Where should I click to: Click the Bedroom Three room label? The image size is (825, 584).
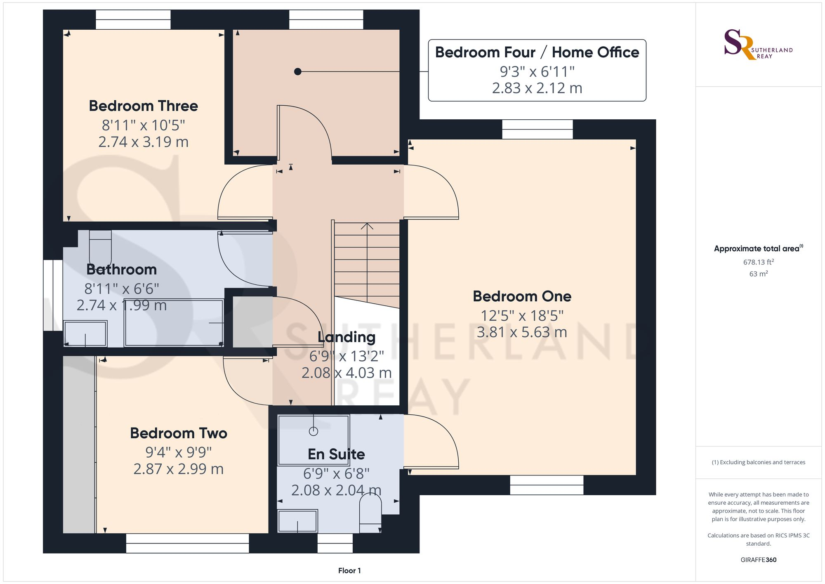click(x=143, y=106)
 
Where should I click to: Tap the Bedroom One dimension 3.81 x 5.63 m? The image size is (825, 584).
click(x=522, y=332)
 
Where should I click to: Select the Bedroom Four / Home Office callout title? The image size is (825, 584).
click(x=537, y=52)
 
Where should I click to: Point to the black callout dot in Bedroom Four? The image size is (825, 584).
click(x=297, y=72)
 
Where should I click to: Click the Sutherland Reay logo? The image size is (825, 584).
click(x=758, y=45)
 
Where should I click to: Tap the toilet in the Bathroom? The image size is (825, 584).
click(x=100, y=246)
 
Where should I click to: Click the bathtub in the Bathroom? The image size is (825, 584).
click(x=174, y=323)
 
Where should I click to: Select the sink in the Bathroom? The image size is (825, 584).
click(x=85, y=333)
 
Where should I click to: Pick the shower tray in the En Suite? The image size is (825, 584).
click(x=313, y=440)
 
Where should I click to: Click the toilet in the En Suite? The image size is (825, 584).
click(x=370, y=513)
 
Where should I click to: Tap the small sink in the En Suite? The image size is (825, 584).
click(x=297, y=521)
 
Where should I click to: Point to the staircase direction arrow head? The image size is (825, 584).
click(x=367, y=226)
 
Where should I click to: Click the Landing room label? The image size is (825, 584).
click(x=346, y=337)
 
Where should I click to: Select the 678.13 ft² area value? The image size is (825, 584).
click(x=759, y=262)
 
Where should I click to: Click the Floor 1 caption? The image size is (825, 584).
click(x=349, y=571)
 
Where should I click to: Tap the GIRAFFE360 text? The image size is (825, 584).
click(x=759, y=560)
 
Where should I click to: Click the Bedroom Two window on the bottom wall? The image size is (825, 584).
click(x=187, y=544)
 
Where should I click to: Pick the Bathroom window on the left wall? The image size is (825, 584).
click(x=53, y=295)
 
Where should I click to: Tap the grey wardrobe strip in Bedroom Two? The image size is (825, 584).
click(x=79, y=445)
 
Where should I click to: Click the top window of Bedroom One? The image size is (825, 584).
click(x=537, y=129)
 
